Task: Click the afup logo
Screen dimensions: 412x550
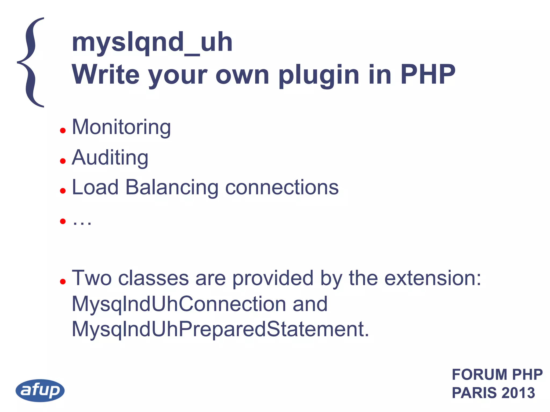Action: [x=40, y=390]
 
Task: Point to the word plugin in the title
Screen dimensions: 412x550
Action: [x=319, y=75]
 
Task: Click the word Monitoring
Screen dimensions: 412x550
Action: [x=121, y=127]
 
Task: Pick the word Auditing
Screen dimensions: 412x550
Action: [x=110, y=157]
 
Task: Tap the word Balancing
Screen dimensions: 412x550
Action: [x=172, y=187]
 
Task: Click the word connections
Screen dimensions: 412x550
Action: [x=282, y=187]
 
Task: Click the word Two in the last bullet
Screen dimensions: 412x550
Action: [x=92, y=278]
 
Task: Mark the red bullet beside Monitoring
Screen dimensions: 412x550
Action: [x=63, y=131]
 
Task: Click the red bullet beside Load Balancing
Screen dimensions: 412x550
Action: [x=63, y=191]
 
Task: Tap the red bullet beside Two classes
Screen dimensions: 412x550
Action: [x=63, y=281]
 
